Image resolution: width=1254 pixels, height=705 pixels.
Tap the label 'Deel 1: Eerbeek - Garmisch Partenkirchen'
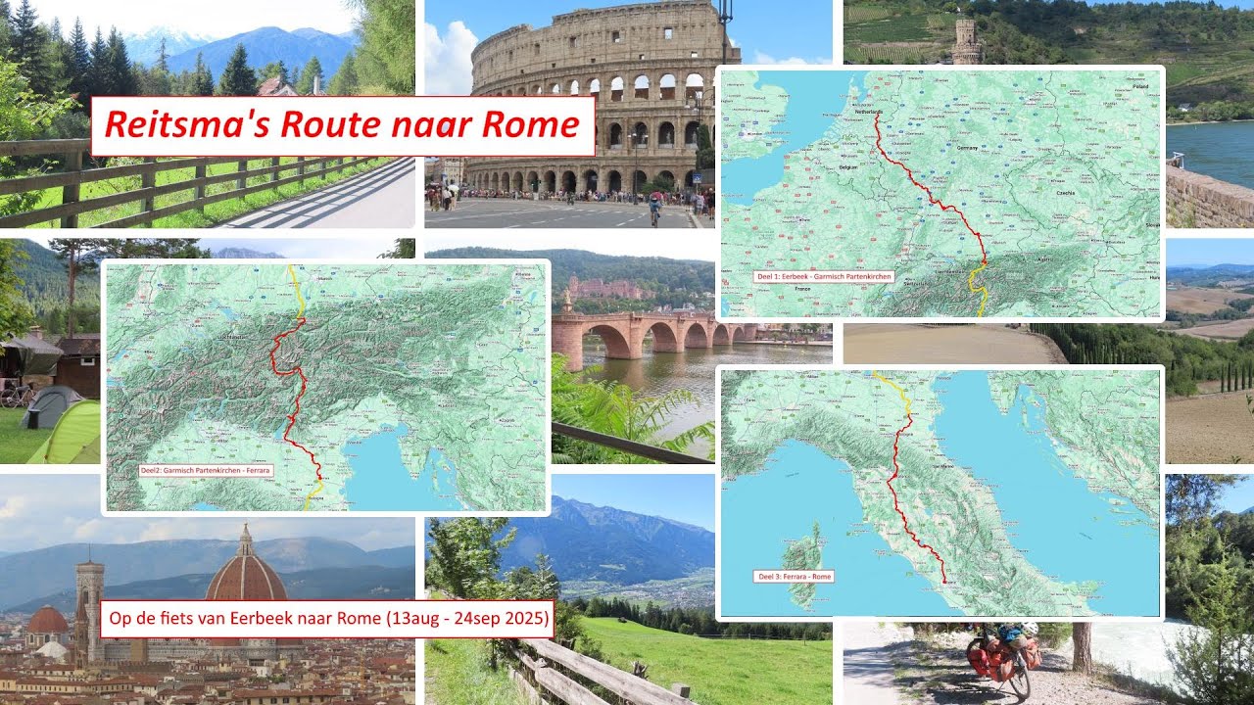coord(824,277)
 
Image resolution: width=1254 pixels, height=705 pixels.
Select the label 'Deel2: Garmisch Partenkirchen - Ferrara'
coord(206,471)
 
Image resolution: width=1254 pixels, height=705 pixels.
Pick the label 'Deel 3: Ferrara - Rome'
coord(795,577)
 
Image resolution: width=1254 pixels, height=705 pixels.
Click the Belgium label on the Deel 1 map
coord(848,168)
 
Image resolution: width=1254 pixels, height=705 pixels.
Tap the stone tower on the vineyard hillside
coord(966,41)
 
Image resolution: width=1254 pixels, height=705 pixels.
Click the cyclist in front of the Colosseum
coord(654,209)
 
